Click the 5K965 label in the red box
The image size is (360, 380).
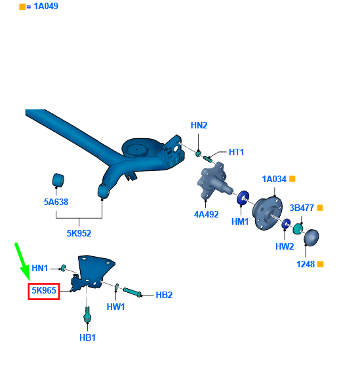44,290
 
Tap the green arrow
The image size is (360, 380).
22,262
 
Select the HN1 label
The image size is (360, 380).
40,268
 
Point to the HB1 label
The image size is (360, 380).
87,337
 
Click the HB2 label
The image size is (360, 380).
164,295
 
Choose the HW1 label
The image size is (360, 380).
115,307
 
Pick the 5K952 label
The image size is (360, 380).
79,233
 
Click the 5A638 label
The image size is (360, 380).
56,202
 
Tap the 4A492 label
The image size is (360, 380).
206,214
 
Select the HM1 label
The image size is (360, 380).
240,221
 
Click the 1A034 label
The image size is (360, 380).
274,179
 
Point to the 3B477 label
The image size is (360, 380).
302,208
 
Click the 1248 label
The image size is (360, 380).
306,264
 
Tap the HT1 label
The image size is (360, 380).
236,152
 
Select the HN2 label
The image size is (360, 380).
199,125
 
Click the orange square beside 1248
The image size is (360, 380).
321,264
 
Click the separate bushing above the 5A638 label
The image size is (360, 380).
58,180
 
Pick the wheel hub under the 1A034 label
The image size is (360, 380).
268,214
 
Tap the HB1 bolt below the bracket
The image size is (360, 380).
87,314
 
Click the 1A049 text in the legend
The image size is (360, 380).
46,6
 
